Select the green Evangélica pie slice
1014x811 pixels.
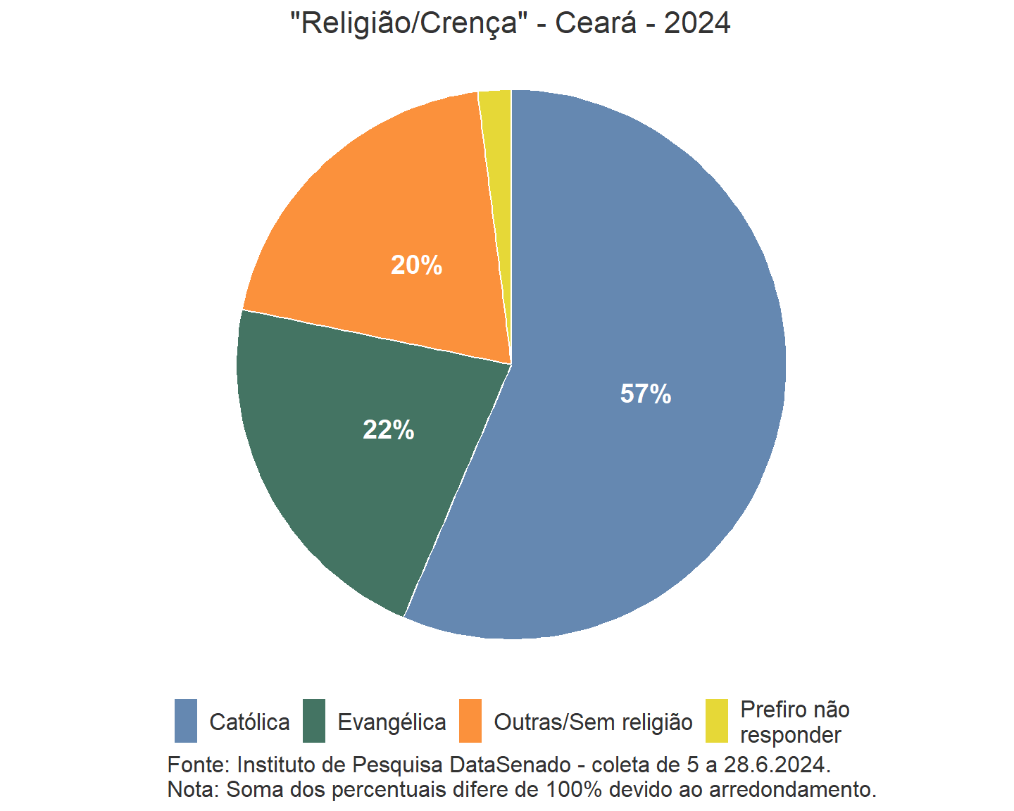click(x=338, y=479)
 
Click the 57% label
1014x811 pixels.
click(x=646, y=394)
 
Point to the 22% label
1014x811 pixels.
click(x=389, y=430)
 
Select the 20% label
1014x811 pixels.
click(x=417, y=265)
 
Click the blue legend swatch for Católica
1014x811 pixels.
click(x=186, y=721)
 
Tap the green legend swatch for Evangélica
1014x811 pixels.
click(x=314, y=721)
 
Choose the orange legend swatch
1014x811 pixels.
click(x=470, y=721)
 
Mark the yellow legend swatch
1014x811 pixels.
click(x=717, y=721)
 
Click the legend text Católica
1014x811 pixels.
click(x=250, y=722)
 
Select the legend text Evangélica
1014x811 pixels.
click(x=392, y=722)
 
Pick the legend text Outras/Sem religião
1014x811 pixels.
click(x=594, y=722)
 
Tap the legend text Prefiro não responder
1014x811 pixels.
click(x=794, y=722)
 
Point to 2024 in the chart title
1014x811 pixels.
click(x=697, y=23)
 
